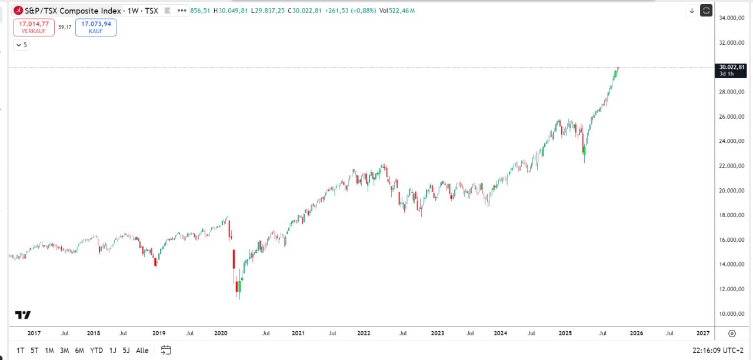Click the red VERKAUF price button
(34, 27)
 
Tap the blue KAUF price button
(96, 27)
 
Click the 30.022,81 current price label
(731, 67)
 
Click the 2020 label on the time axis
(221, 333)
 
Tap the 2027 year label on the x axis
(702, 333)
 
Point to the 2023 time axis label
(437, 333)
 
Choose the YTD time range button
(96, 351)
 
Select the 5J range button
(126, 351)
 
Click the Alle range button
(142, 351)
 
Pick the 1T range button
(21, 351)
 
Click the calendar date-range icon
(166, 350)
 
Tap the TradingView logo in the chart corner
(23, 315)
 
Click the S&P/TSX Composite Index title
(73, 11)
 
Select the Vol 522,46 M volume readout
(397, 11)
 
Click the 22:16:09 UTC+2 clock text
(718, 351)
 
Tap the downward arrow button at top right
(692, 11)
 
